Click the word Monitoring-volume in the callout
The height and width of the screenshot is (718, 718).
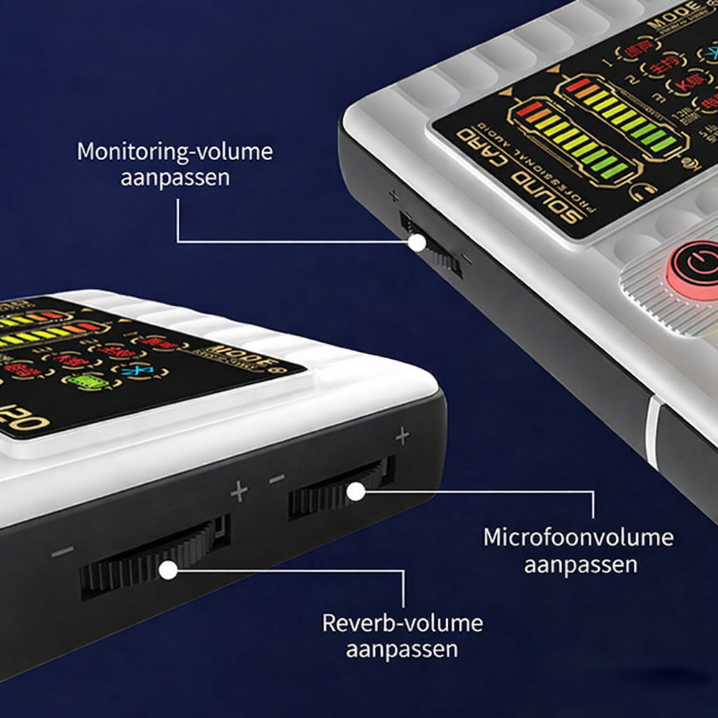pos(175,152)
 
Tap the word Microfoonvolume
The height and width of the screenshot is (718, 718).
pos(579,538)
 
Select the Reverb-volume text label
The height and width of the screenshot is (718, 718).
pos(402,623)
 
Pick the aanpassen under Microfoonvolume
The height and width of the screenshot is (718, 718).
pos(580,564)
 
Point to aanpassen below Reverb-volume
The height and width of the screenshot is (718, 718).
pos(402,649)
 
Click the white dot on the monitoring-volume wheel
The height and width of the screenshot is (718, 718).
pos(416,242)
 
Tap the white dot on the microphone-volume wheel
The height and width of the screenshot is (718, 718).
pos(355,491)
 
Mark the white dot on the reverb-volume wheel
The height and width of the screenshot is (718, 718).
pos(168,571)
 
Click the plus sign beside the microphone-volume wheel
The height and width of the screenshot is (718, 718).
pos(402,435)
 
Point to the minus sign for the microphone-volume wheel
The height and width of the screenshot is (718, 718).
pos(277,479)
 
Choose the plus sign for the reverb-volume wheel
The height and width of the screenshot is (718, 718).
pos(239,492)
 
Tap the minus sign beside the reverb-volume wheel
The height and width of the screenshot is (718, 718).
pos(62,552)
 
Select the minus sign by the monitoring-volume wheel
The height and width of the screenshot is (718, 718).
pos(467,259)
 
